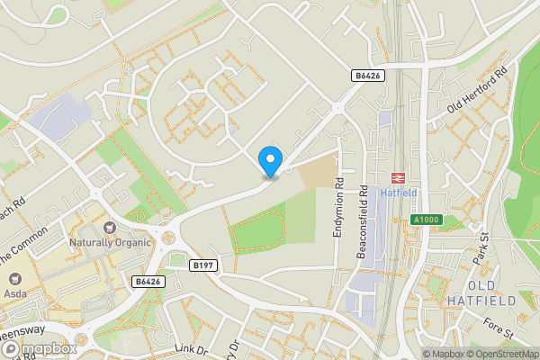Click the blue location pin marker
pyautogui.click(x=269, y=161)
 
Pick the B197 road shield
pyautogui.click(x=202, y=265)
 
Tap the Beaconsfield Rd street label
pyautogui.click(x=363, y=222)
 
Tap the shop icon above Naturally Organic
pyautogui.click(x=110, y=228)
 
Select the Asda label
pyautogui.click(x=13, y=293)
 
